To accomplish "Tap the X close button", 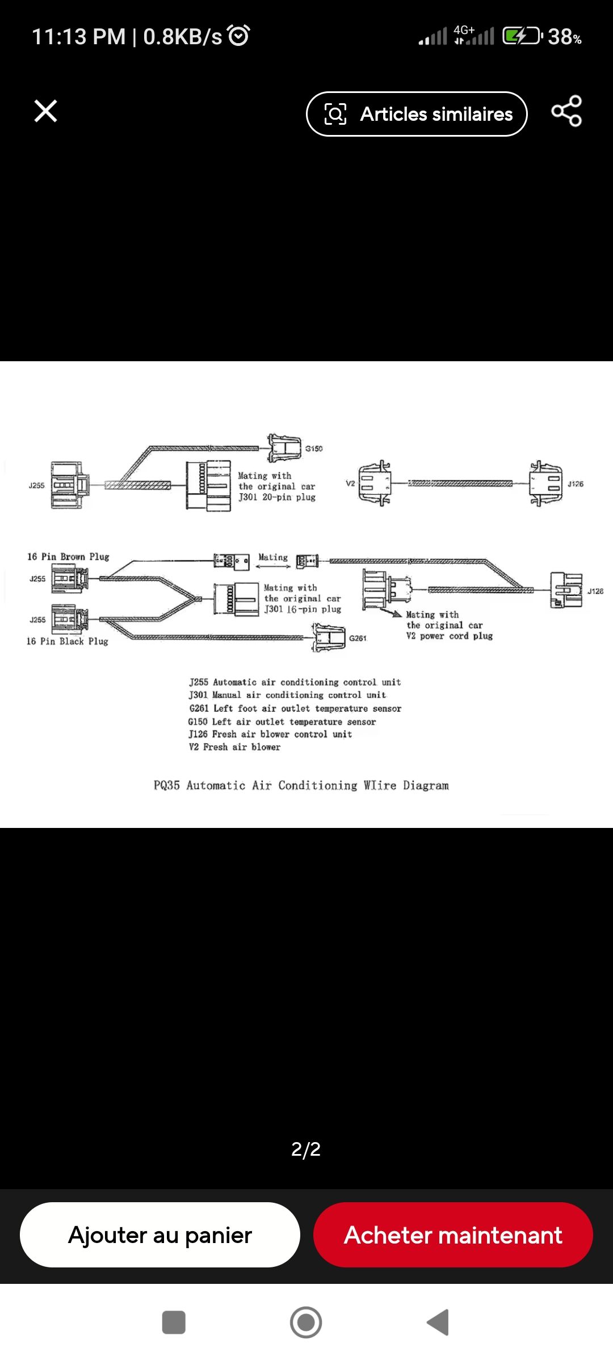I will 45,111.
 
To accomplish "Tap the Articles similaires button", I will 417,114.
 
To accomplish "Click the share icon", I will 566,111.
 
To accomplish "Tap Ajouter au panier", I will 160,1235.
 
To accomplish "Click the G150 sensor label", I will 314,449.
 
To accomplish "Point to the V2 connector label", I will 350,484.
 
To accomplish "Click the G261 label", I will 358,639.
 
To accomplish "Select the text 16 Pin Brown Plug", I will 68,557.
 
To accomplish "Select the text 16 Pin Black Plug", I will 67,641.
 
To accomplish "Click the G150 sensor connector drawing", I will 284,448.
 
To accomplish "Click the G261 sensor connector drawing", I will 329,638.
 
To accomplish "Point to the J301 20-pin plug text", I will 277,497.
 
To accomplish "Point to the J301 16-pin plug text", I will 303,610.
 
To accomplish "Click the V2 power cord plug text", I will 449,636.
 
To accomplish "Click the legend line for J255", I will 295,682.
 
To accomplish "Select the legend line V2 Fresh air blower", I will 234,747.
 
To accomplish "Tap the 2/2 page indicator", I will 306,1149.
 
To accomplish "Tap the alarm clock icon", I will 238,36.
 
